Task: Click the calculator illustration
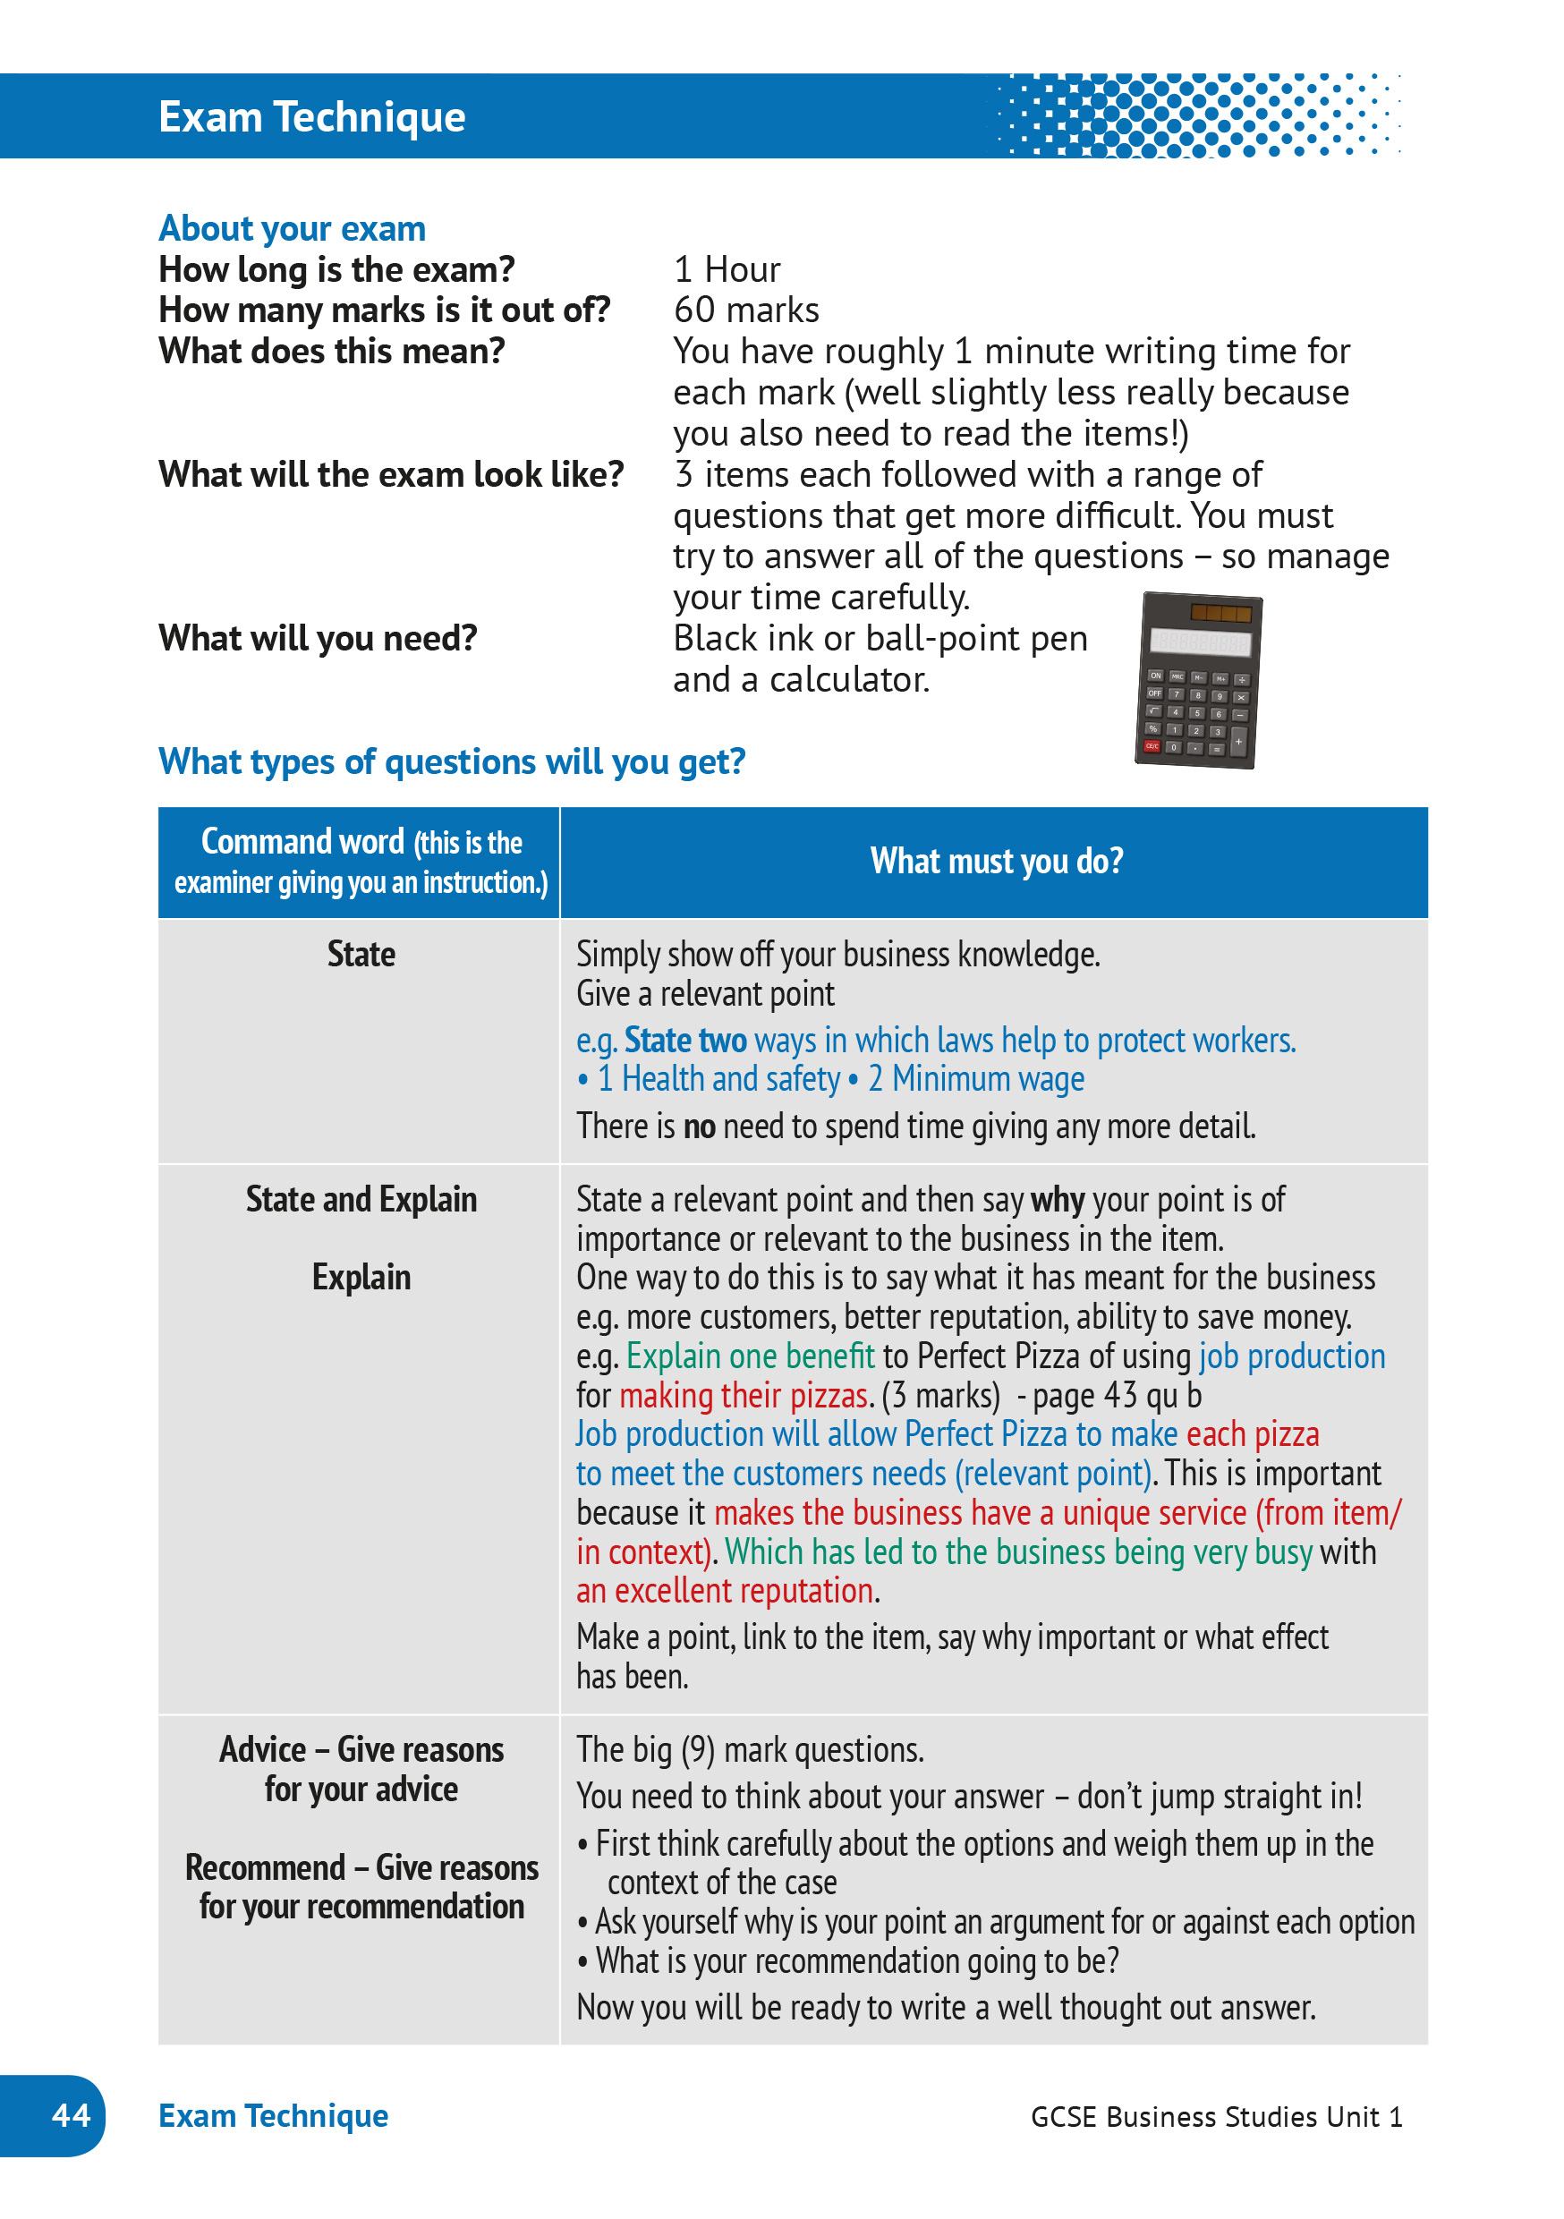click(1199, 681)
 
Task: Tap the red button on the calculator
click(1152, 746)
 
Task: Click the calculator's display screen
click(1200, 642)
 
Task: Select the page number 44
click(71, 2114)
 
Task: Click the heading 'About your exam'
click(292, 229)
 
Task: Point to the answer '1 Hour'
click(727, 269)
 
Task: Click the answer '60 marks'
click(746, 310)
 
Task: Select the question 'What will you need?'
click(318, 639)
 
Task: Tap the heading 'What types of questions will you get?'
click(452, 761)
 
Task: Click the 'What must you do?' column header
click(996, 861)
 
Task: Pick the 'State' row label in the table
click(361, 955)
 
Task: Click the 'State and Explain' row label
click(361, 1199)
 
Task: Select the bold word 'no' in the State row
click(699, 1127)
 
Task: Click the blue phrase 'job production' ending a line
click(1291, 1357)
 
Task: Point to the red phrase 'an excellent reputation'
click(725, 1591)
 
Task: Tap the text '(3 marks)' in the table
click(940, 1396)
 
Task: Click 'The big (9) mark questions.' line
click(750, 1750)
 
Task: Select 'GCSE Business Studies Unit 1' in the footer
click(1216, 2117)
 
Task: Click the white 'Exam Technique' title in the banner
click(311, 117)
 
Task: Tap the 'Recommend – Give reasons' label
click(361, 1868)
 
